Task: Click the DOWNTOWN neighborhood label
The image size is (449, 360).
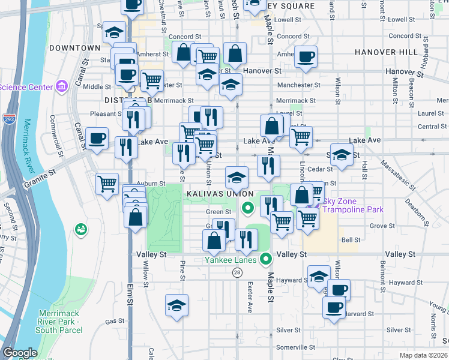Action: coord(74,47)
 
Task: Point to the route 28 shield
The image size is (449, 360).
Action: coord(237,272)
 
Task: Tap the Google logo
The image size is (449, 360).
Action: coord(20,353)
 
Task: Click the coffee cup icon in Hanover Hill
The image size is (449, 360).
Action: coord(306,58)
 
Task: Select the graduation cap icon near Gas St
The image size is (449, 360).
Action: coord(176,305)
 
